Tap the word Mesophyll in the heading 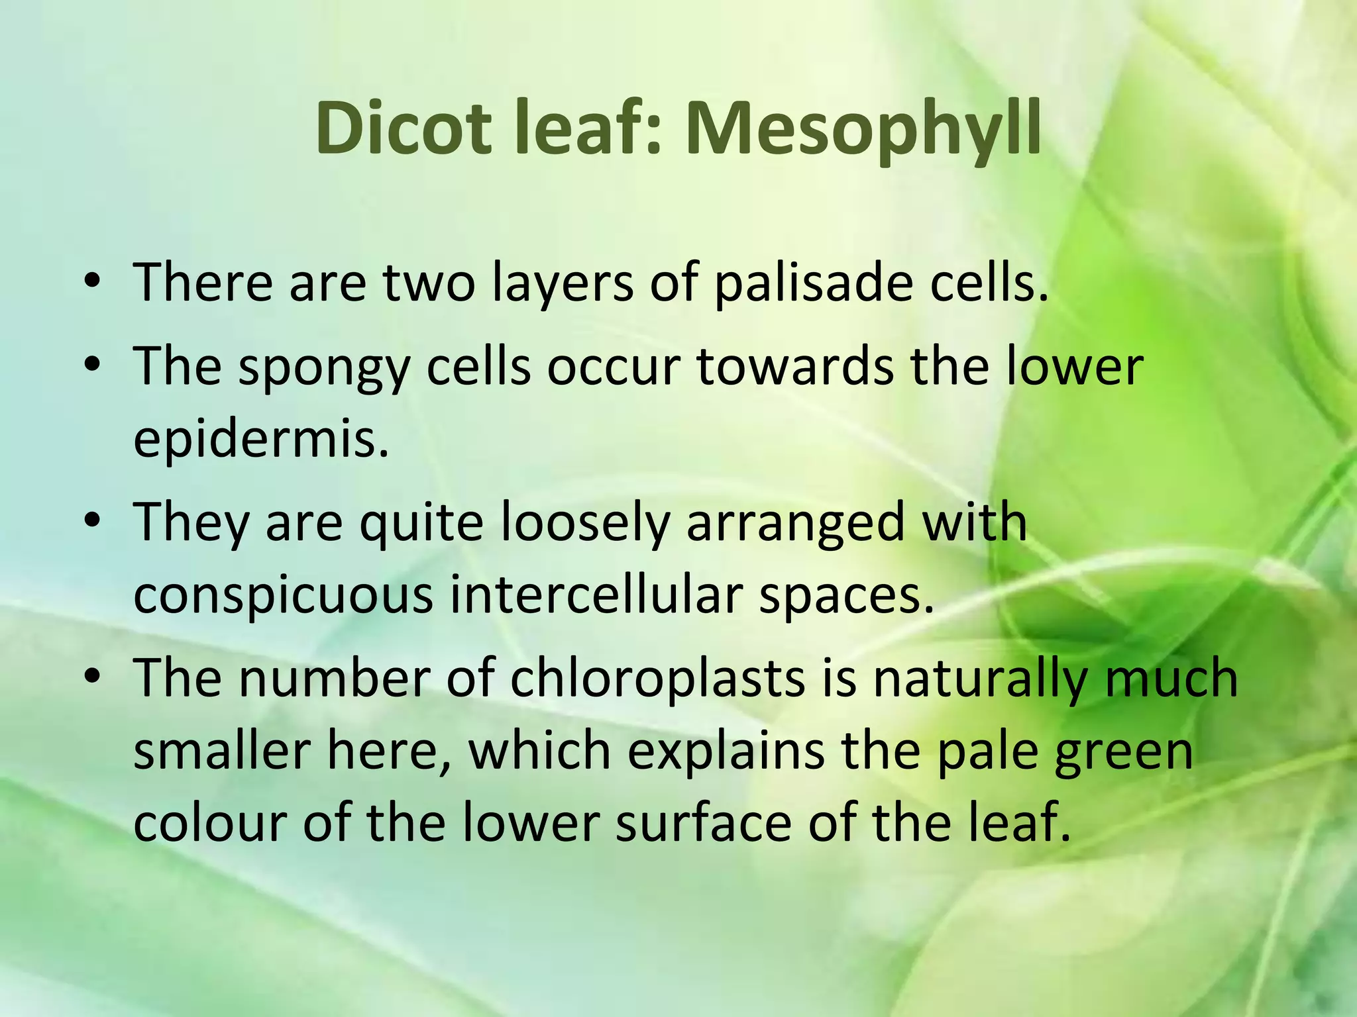pyautogui.click(x=862, y=130)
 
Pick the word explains pyautogui.click(x=726, y=752)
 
